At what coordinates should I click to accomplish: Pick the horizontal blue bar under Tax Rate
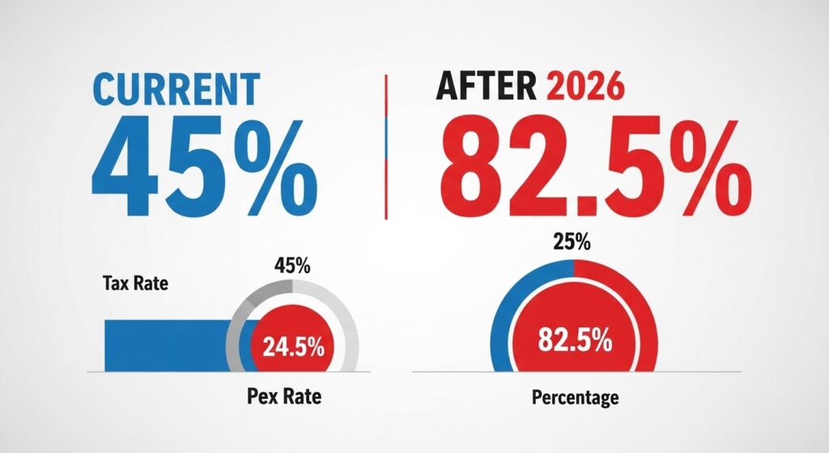[x=166, y=344]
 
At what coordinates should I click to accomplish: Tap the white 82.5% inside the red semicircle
[x=576, y=341]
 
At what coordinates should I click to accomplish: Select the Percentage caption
[x=575, y=398]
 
